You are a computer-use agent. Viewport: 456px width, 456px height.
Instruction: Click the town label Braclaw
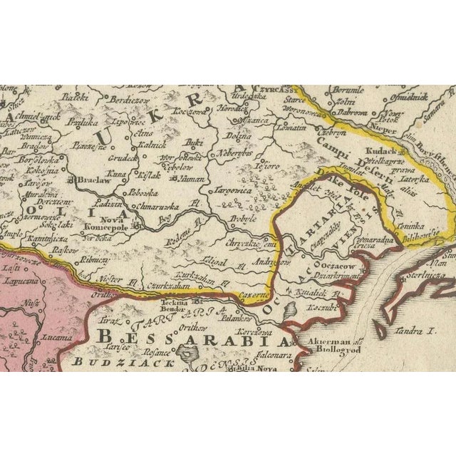[x=90, y=181]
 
